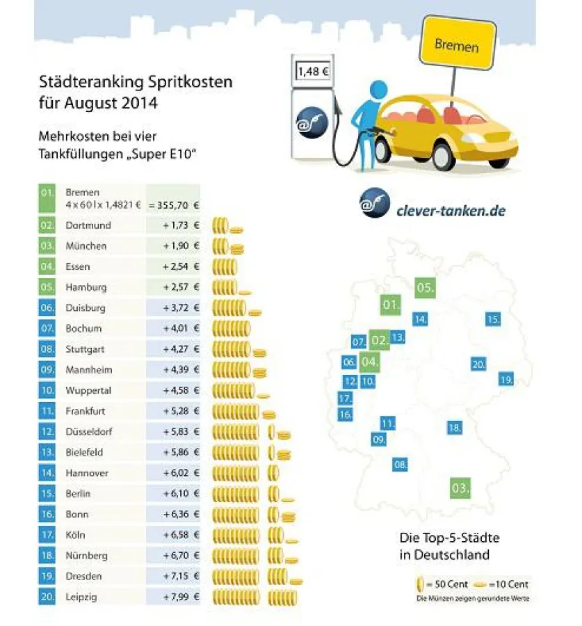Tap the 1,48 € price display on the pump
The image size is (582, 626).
tap(313, 71)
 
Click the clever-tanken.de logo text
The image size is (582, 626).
tap(450, 210)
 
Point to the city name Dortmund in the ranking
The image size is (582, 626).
tap(88, 225)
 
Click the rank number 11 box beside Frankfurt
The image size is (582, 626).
tap(47, 411)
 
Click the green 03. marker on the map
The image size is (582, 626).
tap(460, 488)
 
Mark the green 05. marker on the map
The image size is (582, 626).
tap(426, 287)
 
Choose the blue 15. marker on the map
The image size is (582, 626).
tap(493, 319)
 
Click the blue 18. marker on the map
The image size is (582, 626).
tap(455, 428)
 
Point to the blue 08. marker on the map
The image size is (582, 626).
tap(400, 464)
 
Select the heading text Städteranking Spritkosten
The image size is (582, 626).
tap(136, 83)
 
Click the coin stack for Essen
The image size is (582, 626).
tap(225, 266)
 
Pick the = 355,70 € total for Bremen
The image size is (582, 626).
tap(174, 205)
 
